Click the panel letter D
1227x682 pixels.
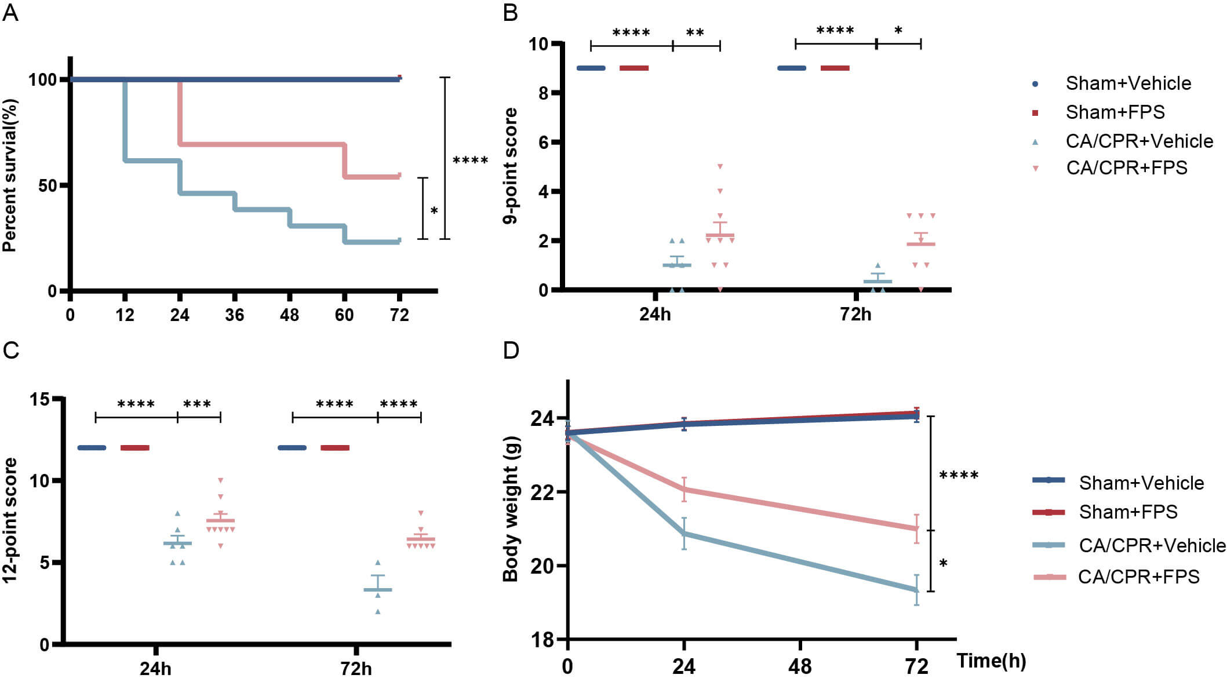[511, 351]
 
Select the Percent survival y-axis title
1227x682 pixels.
[10, 176]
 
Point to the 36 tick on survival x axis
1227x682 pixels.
[235, 315]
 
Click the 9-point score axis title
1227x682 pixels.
[510, 166]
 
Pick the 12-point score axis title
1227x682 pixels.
[10, 520]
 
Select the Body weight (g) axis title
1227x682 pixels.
[510, 509]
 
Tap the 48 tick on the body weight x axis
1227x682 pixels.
[800, 666]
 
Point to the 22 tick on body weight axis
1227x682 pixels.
[542, 492]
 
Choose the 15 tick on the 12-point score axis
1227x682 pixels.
[41, 399]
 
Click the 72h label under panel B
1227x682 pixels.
[855, 314]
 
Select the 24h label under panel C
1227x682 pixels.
[155, 669]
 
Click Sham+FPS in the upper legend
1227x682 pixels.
[1115, 112]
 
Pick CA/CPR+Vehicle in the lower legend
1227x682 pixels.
[1152, 545]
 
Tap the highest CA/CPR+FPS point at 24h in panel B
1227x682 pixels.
[720, 167]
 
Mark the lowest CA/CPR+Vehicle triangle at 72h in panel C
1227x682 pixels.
[378, 611]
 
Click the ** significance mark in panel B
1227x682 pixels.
[695, 33]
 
